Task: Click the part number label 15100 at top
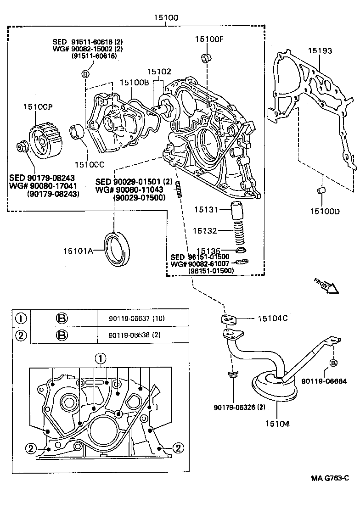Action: coord(166,18)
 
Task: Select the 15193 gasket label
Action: coord(320,51)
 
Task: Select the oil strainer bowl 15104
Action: coord(274,387)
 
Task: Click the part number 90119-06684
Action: coord(324,381)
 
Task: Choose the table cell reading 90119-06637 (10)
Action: coord(128,318)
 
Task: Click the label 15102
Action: coord(159,72)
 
